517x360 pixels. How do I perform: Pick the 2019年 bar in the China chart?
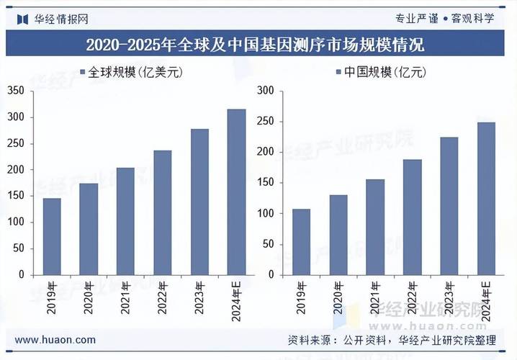coord(301,242)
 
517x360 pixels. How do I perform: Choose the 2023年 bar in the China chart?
coord(449,206)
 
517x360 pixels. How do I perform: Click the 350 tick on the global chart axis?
coord(16,91)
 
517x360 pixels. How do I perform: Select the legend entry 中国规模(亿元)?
coord(382,72)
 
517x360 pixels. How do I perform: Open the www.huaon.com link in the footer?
coord(55,340)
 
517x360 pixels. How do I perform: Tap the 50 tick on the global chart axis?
coord(19,248)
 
